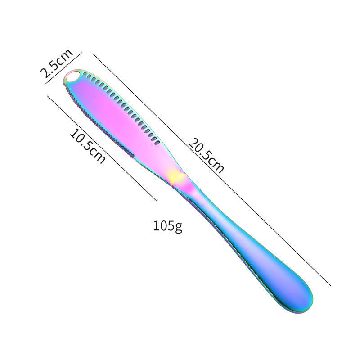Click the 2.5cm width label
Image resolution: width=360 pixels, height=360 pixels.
tap(57, 63)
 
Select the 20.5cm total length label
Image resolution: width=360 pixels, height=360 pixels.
tap(206, 155)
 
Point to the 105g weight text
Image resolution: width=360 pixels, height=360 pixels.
tap(167, 226)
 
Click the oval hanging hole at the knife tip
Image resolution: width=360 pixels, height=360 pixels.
tap(72, 76)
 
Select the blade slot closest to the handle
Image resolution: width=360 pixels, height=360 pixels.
tap(157, 143)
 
